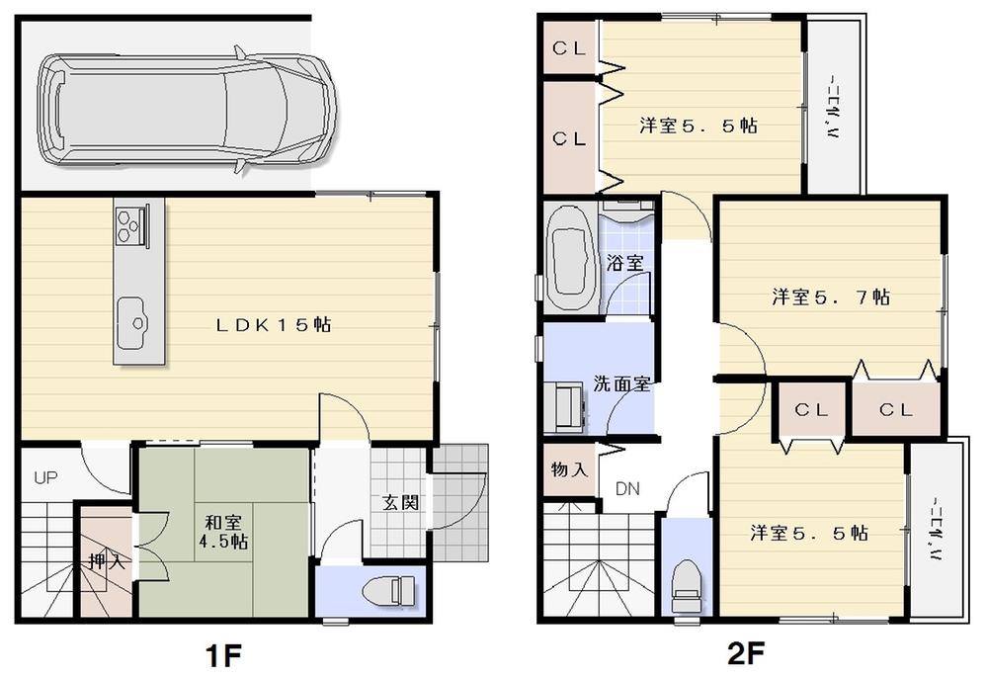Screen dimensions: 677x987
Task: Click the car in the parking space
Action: (186, 109)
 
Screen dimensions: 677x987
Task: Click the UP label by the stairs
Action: (46, 478)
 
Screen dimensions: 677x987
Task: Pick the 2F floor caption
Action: (742, 654)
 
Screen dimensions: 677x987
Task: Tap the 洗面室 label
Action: (621, 383)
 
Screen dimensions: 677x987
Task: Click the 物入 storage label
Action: (569, 468)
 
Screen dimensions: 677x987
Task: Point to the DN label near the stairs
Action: (627, 488)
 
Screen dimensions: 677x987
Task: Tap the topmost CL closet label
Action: (569, 48)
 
